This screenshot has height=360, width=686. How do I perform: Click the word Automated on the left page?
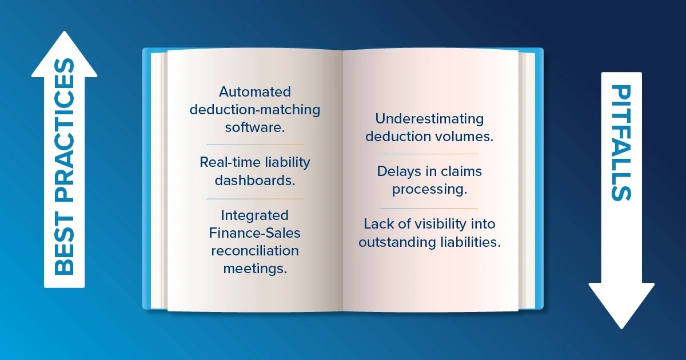[255, 92]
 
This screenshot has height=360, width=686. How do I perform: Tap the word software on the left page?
[255, 127]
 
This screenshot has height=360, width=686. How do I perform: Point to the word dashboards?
[255, 181]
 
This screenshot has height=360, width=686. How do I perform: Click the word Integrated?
[255, 216]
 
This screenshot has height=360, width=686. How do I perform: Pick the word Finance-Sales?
[255, 233]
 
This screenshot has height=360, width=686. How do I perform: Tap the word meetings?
[255, 269]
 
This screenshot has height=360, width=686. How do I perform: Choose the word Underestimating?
[429, 119]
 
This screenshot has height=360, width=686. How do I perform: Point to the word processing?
[430, 190]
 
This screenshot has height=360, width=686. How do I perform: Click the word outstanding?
[397, 242]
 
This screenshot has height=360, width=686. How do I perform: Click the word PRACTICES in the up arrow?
[64, 130]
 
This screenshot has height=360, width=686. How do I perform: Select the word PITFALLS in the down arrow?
[621, 143]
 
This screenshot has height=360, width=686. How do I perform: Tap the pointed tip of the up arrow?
[64, 31]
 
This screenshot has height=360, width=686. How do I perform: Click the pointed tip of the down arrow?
[621, 329]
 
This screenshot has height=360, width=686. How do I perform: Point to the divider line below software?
[255, 145]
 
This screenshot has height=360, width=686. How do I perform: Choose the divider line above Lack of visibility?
[429, 209]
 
